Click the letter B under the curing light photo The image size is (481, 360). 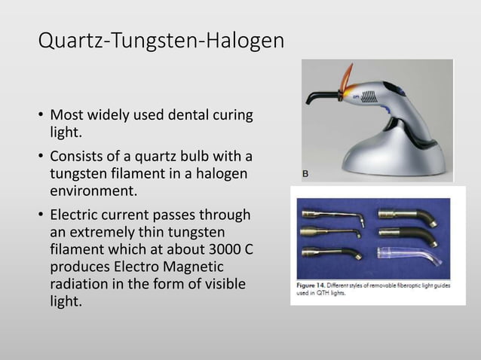[306, 174]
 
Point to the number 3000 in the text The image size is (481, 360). [219, 252]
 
